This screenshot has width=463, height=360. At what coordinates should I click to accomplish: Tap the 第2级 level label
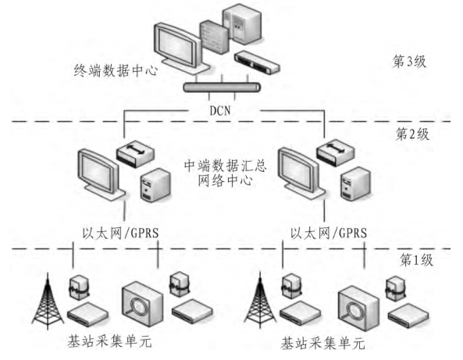(412, 134)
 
